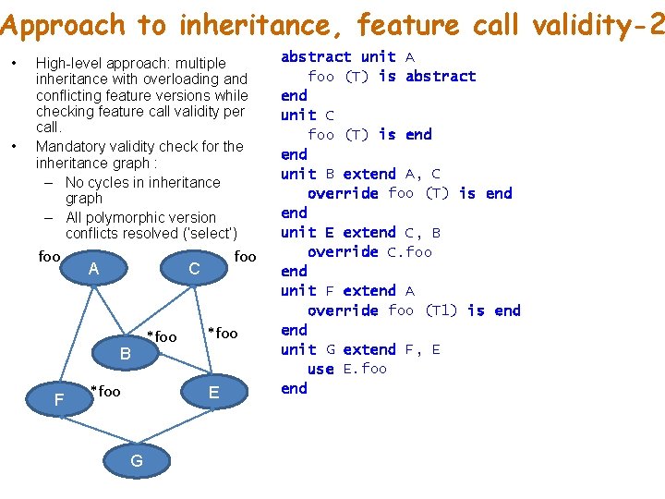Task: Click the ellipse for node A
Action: [92, 269]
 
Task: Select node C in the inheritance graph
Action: [194, 269]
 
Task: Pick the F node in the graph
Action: [59, 399]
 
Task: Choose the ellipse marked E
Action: [213, 392]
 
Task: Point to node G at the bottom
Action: [136, 460]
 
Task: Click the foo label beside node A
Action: [49, 256]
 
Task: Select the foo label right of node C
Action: [245, 256]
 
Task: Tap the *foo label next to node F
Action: [105, 392]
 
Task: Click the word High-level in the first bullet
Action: [71, 63]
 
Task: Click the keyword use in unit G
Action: [320, 369]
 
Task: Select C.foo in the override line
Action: [409, 251]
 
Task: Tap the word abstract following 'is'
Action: [441, 76]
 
